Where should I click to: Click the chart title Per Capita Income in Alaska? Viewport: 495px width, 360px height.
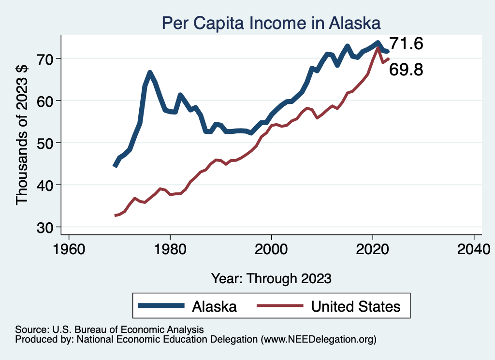point(271,22)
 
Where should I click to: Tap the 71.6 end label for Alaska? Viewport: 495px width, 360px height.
point(406,44)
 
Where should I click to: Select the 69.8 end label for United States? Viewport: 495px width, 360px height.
point(406,70)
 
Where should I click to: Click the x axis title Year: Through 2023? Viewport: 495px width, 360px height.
point(271,278)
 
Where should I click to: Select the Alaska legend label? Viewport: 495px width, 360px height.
point(214,306)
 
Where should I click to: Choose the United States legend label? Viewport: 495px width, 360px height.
point(356,306)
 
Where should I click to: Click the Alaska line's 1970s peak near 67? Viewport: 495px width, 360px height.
point(150,73)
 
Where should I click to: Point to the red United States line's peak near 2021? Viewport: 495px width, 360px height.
point(378,48)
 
